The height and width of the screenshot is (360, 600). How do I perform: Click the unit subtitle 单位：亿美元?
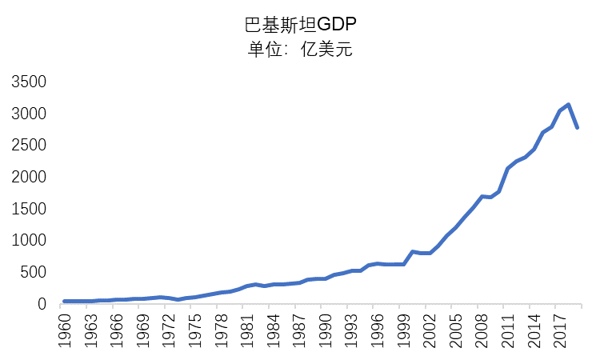[x=300, y=50]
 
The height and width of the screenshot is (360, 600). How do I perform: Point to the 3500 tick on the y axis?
[x=28, y=82]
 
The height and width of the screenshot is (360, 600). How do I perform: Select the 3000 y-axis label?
[x=28, y=114]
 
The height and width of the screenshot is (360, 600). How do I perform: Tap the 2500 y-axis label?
[x=28, y=146]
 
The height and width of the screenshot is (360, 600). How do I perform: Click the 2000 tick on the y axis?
[x=28, y=177]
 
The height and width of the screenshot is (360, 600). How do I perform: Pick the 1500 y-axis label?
[x=28, y=209]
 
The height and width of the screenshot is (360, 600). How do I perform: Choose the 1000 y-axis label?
[x=28, y=241]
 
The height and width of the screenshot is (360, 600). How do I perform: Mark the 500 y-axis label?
[x=34, y=272]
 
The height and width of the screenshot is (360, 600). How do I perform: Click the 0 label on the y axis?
[x=45, y=304]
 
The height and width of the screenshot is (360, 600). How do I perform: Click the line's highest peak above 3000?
[x=567, y=105]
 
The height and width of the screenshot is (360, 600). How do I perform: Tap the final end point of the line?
[x=576, y=128]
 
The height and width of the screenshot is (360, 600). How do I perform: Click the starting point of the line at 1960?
[x=65, y=302]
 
